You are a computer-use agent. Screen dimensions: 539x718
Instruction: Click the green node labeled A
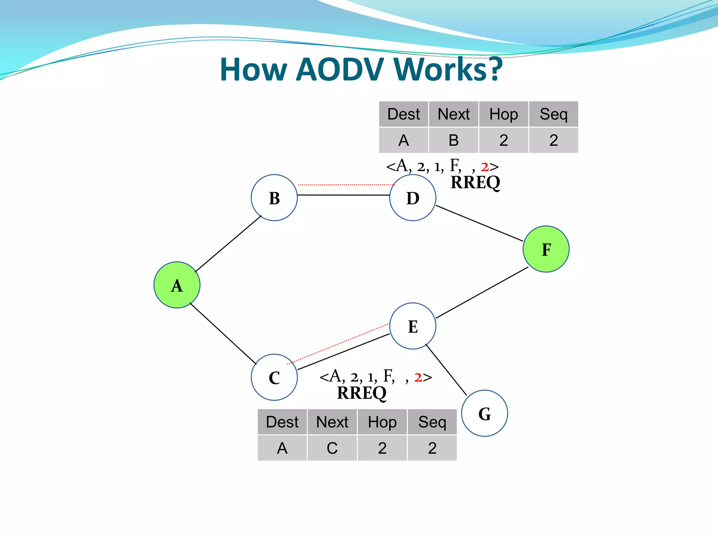pyautogui.click(x=177, y=285)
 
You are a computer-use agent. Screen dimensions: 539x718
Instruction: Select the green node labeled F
pyautogui.click(x=546, y=249)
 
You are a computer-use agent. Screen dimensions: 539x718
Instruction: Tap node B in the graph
pyautogui.click(x=274, y=198)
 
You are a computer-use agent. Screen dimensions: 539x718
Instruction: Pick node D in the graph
pyautogui.click(x=413, y=198)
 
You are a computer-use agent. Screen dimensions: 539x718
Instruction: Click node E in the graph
pyautogui.click(x=413, y=326)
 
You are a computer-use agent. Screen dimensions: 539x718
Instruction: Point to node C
pyautogui.click(x=274, y=377)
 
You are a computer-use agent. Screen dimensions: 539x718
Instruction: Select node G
pyautogui.click(x=485, y=413)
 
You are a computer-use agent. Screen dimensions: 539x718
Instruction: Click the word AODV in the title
pyautogui.click(x=340, y=69)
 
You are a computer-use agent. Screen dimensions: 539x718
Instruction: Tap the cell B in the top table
pyautogui.click(x=453, y=140)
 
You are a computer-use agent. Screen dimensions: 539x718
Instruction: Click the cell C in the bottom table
pyautogui.click(x=332, y=448)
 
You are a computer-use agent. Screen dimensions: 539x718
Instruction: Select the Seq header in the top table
pyautogui.click(x=553, y=114)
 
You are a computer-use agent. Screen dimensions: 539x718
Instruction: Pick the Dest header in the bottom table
pyautogui.click(x=282, y=422)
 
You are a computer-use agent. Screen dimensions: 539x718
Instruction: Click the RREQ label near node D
pyautogui.click(x=475, y=182)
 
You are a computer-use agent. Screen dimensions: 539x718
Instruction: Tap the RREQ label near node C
pyautogui.click(x=361, y=393)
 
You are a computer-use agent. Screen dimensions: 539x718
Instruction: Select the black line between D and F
pyautogui.click(x=479, y=223)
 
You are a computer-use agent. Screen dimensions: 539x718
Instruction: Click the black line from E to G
pyautogui.click(x=446, y=370)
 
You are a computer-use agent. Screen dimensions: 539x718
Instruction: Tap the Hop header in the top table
pyautogui.click(x=503, y=114)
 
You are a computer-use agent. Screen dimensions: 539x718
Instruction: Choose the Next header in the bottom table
pyautogui.click(x=332, y=422)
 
